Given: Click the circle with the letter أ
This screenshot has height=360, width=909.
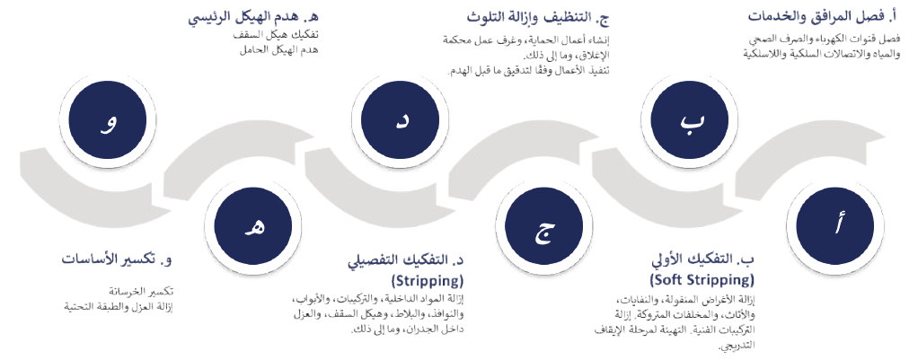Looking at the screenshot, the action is point(834,226).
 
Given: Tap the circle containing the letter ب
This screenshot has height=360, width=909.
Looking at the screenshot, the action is point(690,120).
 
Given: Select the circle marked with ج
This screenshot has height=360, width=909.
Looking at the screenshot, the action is point(543,226).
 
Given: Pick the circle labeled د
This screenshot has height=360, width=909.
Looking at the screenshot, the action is point(400,120).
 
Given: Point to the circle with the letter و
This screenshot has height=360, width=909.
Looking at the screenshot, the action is point(108,120).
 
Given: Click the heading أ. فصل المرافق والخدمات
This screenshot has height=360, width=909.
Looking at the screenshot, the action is point(823,16).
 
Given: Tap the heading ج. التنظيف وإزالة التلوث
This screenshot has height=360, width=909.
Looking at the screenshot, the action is point(538,17).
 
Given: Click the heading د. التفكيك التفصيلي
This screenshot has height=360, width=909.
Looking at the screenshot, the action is point(406,260).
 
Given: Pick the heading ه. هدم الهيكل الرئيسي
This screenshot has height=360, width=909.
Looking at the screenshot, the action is point(253,16).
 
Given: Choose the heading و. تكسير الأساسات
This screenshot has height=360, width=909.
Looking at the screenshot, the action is point(117,259).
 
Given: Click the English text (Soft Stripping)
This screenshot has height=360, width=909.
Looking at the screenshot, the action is point(702,280).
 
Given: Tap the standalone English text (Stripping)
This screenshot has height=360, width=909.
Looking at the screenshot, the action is point(428,281).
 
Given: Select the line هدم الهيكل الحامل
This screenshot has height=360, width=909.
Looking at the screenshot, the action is point(279,50).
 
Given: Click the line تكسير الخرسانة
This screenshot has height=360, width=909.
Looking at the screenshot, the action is point(141,291).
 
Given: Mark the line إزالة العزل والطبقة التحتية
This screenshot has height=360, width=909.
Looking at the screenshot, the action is point(119,306).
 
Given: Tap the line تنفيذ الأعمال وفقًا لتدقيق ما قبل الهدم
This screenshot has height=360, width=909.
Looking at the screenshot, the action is point(528,71).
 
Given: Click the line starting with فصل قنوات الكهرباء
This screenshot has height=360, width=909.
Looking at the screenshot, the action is point(824,40).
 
